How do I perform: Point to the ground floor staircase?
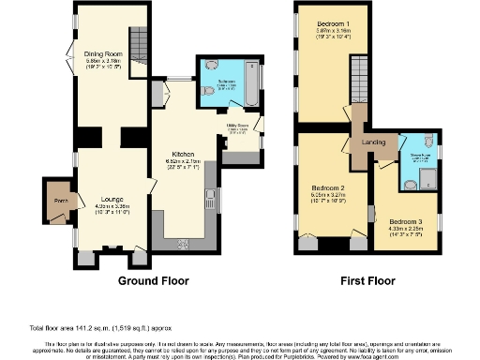tap(138, 42)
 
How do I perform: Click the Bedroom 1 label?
tap(333, 22)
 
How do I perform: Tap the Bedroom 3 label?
tap(407, 221)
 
